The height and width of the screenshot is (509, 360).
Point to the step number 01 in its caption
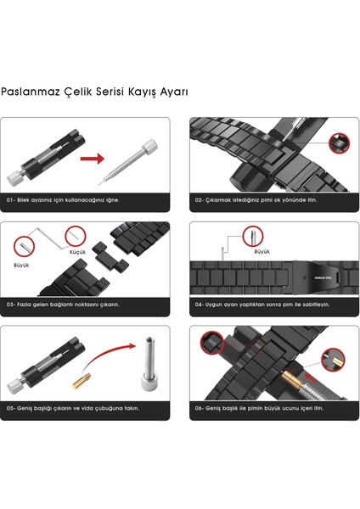pos(11,199)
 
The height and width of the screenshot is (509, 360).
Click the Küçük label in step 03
pos(78,253)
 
